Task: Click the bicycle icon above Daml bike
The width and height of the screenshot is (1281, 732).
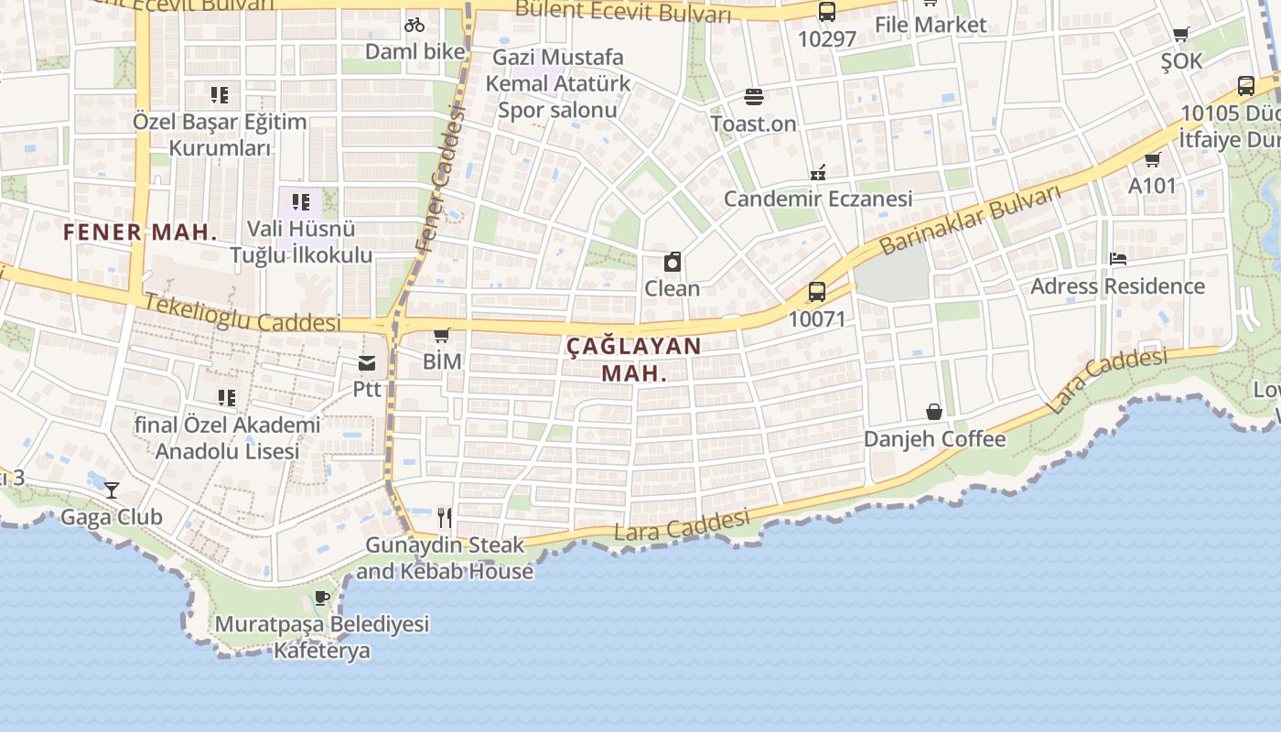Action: (414, 25)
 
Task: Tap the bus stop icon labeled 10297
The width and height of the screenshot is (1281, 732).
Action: (827, 12)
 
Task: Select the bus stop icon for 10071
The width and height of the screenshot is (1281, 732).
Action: (817, 292)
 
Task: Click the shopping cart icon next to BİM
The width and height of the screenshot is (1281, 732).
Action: (442, 335)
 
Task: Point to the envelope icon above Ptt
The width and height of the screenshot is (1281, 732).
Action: (367, 363)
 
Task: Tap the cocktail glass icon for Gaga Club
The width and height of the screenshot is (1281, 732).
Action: (112, 490)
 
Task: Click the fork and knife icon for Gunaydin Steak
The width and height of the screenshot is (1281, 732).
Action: (445, 518)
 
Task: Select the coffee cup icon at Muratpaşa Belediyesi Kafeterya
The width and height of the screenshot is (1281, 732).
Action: (322, 598)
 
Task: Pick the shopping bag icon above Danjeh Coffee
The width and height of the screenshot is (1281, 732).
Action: (934, 412)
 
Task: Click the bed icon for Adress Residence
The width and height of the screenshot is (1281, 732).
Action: (1117, 259)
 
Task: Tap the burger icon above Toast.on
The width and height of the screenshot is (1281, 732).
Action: (754, 96)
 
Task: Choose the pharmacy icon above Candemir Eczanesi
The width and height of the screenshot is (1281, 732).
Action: (818, 172)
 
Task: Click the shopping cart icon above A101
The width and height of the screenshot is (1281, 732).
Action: (1152, 159)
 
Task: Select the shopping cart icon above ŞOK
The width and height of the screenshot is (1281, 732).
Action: (1180, 35)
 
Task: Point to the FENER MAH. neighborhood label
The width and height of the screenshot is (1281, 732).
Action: (140, 232)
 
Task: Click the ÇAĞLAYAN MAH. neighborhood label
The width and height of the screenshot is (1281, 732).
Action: (633, 360)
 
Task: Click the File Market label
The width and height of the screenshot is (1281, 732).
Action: (931, 25)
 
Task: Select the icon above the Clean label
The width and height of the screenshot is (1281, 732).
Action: (673, 263)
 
